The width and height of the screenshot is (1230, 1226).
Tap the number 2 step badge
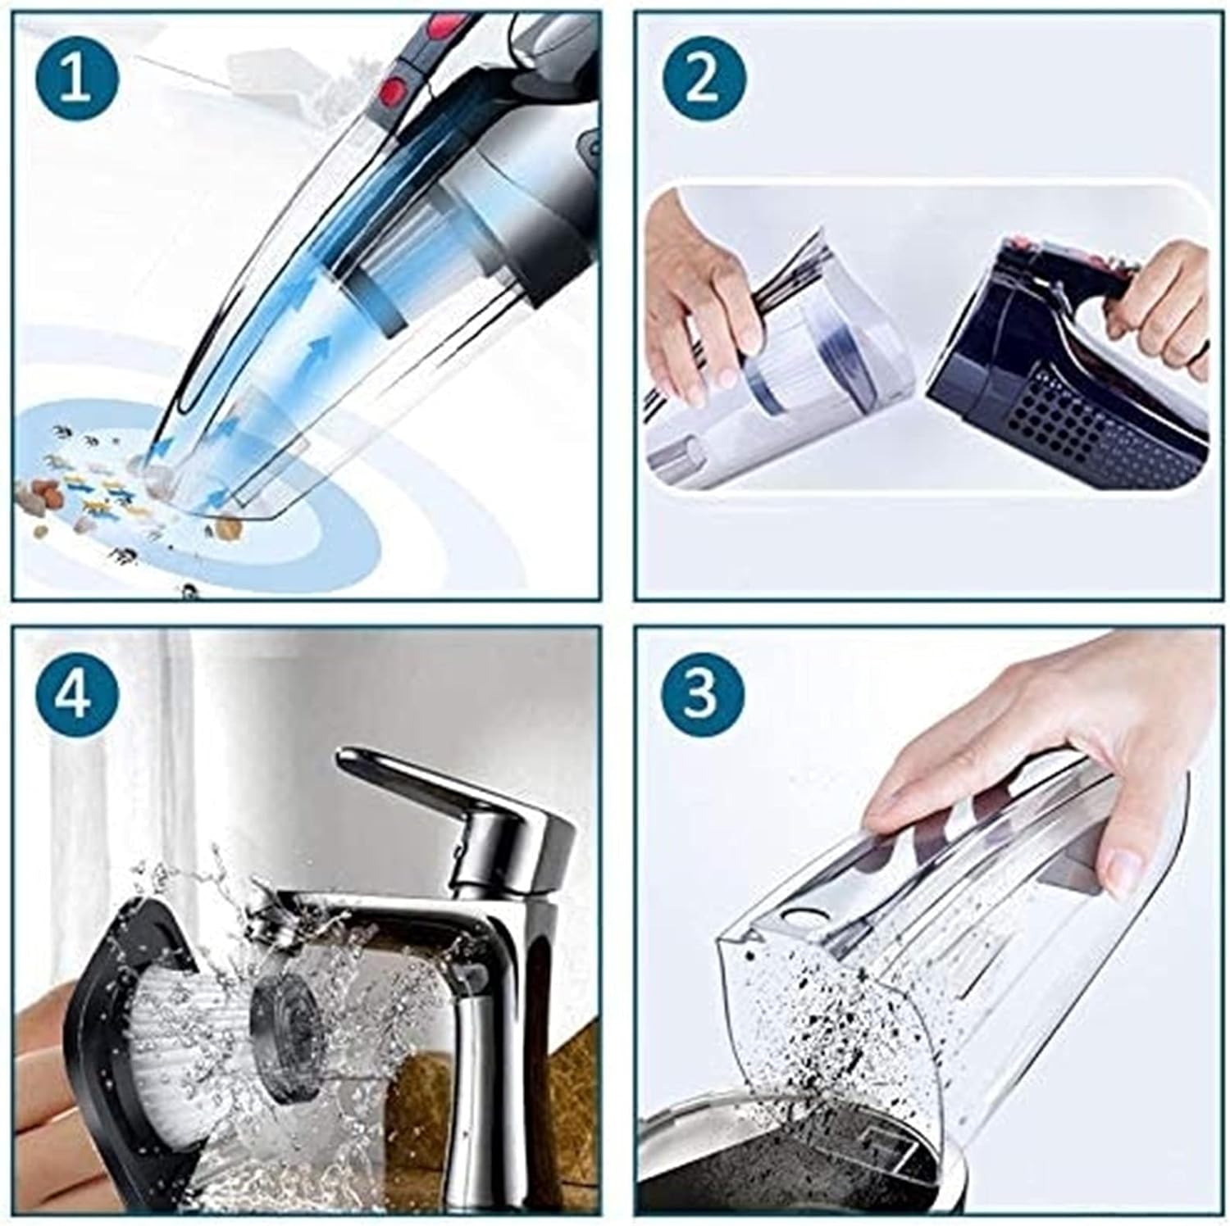point(703,81)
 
